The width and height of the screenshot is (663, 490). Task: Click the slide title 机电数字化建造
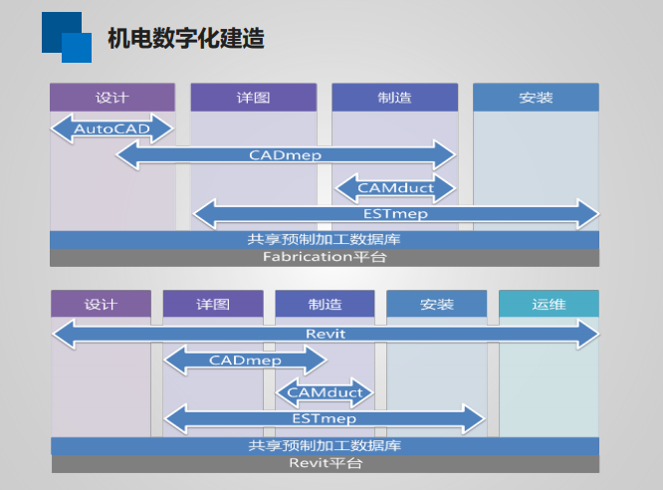click(x=185, y=39)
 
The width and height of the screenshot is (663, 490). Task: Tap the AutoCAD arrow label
click(x=111, y=129)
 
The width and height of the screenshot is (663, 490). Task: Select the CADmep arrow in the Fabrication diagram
click(x=285, y=155)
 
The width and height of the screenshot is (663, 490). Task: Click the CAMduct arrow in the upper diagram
click(x=395, y=186)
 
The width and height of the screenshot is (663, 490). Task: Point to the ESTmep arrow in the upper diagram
click(x=395, y=213)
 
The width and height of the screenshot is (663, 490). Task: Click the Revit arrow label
click(x=325, y=334)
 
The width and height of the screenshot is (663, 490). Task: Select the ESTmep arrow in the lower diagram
click(x=325, y=418)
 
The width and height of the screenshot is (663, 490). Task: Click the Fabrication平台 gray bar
click(x=325, y=257)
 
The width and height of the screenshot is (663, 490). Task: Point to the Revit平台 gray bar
click(x=325, y=463)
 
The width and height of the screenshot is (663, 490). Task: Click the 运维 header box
click(x=549, y=304)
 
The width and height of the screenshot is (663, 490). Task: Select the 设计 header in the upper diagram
click(x=111, y=98)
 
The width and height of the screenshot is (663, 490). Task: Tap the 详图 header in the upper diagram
click(x=253, y=98)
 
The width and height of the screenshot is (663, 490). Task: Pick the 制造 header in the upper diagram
click(x=394, y=98)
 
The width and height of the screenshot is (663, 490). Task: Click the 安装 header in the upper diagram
click(x=536, y=98)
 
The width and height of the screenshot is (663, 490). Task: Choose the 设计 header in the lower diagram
click(x=101, y=304)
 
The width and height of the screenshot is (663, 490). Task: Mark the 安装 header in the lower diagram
click(x=437, y=304)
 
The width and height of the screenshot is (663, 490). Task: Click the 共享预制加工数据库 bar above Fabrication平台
click(x=325, y=240)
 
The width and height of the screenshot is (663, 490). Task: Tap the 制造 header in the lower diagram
click(x=325, y=304)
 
